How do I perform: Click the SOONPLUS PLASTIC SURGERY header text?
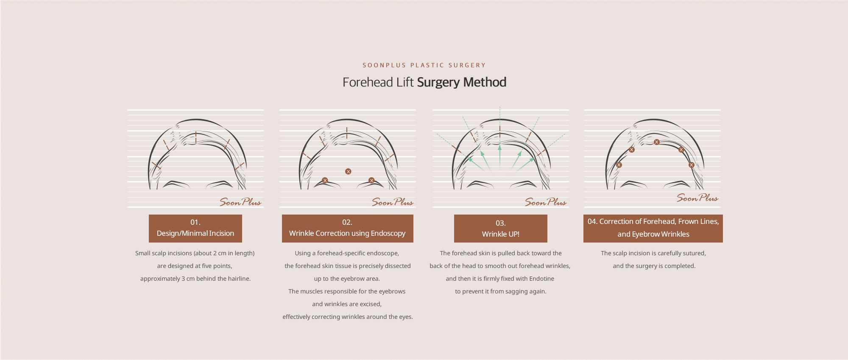pos(424,65)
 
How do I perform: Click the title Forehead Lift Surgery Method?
pos(424,82)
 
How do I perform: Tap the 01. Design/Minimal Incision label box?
pos(195,229)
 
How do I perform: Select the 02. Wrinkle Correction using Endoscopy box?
pos(348,229)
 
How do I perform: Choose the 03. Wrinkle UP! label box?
pos(501,229)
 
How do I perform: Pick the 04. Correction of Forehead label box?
pos(653,229)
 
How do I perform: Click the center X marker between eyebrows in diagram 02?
pos(348,172)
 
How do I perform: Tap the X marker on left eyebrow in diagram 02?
pos(325,181)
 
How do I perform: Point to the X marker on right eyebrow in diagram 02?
pos(371,181)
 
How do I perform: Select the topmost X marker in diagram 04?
pos(656,142)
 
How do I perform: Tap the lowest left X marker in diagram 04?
pos(619,165)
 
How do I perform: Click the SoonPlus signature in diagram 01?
pos(240,202)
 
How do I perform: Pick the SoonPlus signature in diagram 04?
pos(697,198)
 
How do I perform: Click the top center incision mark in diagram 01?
pos(196,137)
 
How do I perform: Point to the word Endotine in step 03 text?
pos(541,279)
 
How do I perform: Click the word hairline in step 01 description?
pos(238,279)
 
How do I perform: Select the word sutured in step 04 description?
pos(693,253)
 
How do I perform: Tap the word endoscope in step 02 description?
pos(384,253)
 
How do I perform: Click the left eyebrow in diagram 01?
pos(176,184)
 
